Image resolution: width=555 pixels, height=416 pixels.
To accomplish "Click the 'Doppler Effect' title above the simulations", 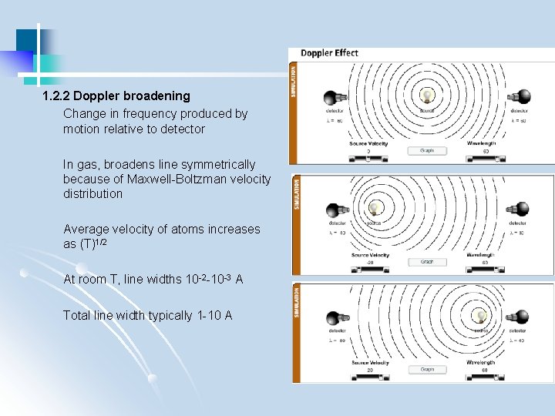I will coord(329,53).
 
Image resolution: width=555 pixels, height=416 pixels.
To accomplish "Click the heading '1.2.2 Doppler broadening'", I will coord(116,96).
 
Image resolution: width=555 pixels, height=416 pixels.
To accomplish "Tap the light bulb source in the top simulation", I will coord(427,96).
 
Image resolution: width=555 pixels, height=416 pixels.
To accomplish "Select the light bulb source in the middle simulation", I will coord(375,208).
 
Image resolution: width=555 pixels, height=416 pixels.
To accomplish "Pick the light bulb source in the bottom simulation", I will coord(481,316).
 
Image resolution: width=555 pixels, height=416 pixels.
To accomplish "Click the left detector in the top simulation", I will coord(335,98).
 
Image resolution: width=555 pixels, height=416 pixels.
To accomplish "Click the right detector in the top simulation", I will coord(521,98).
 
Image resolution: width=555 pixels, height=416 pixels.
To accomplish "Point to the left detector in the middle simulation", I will coord(337,210).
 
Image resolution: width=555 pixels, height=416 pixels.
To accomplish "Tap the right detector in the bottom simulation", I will coord(522,317).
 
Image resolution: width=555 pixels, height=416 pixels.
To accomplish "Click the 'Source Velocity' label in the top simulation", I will coord(368,143).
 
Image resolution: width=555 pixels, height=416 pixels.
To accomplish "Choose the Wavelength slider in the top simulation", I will coord(485,159).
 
